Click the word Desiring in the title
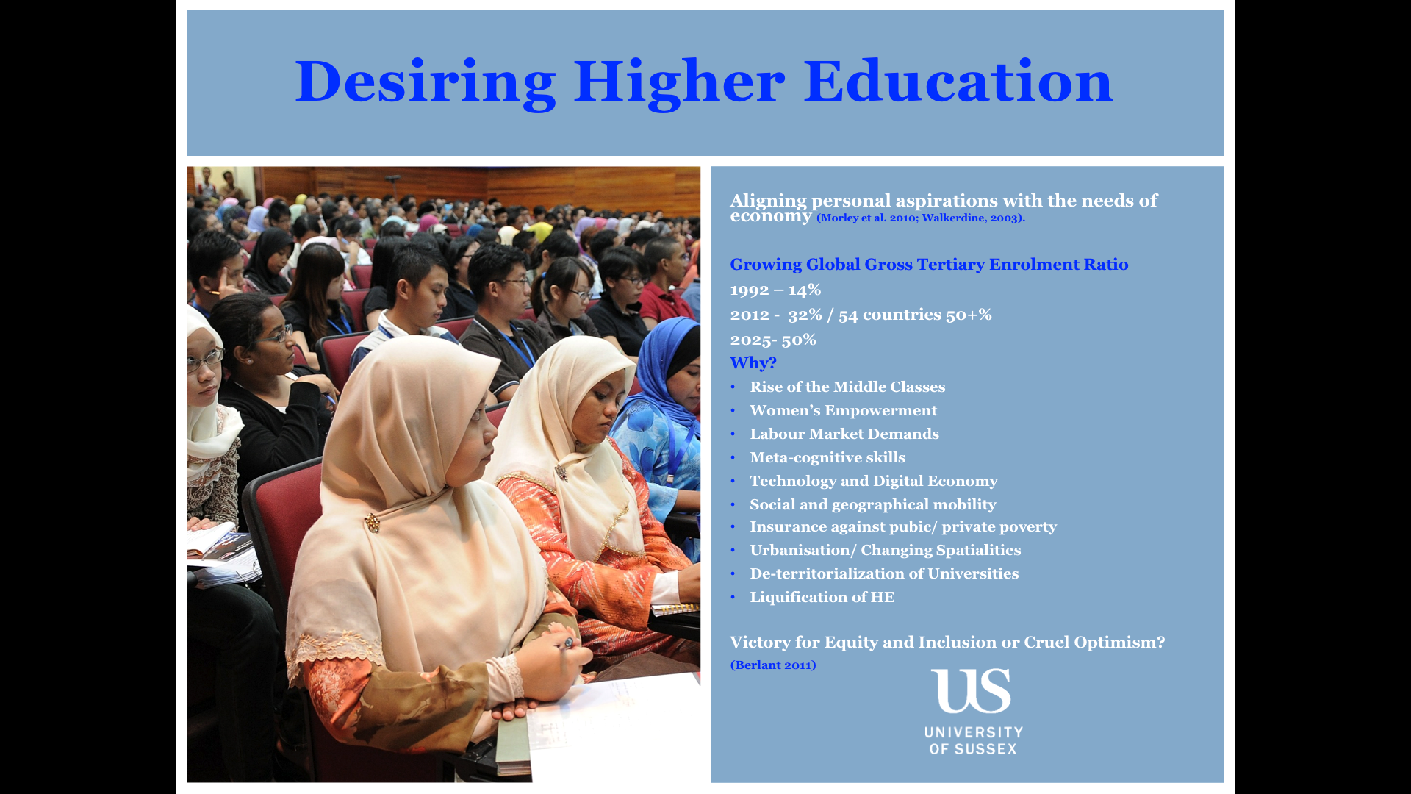pos(426,82)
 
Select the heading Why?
pos(753,362)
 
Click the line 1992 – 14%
pos(775,290)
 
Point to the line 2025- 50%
pos(773,340)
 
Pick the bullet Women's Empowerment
pos(843,410)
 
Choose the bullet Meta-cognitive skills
pos(827,457)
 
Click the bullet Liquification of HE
pos(822,597)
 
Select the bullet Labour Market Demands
pos(844,434)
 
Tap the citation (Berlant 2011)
pos(773,665)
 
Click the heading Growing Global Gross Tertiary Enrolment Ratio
pos(929,264)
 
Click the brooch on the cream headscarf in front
pos(373,523)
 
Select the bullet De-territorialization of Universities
pos(884,573)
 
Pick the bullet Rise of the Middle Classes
pos(847,387)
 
